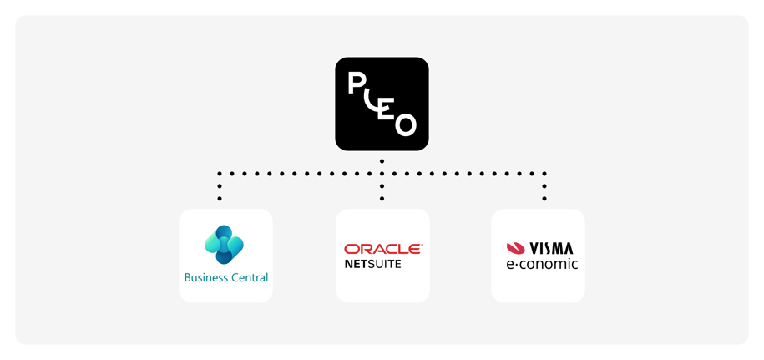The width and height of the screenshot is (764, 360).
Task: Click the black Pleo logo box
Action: click(382, 104)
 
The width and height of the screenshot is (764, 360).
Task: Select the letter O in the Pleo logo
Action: click(406, 124)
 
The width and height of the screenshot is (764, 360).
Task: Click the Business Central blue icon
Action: click(224, 244)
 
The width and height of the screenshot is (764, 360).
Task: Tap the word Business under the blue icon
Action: click(204, 277)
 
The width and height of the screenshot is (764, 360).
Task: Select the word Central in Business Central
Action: click(248, 277)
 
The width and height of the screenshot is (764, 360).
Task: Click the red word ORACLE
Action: click(383, 249)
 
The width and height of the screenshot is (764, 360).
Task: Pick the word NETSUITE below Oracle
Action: click(372, 264)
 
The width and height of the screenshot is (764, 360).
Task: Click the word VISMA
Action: click(551, 248)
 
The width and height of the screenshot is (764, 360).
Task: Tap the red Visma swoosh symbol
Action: click(515, 248)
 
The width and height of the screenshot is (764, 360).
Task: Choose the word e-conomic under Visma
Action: click(542, 264)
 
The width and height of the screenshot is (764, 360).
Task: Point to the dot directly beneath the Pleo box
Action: click(382, 160)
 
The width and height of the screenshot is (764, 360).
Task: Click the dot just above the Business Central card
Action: click(220, 199)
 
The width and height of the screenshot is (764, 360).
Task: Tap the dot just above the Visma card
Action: click(544, 199)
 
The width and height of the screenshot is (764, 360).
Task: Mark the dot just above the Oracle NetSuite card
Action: click(382, 199)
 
